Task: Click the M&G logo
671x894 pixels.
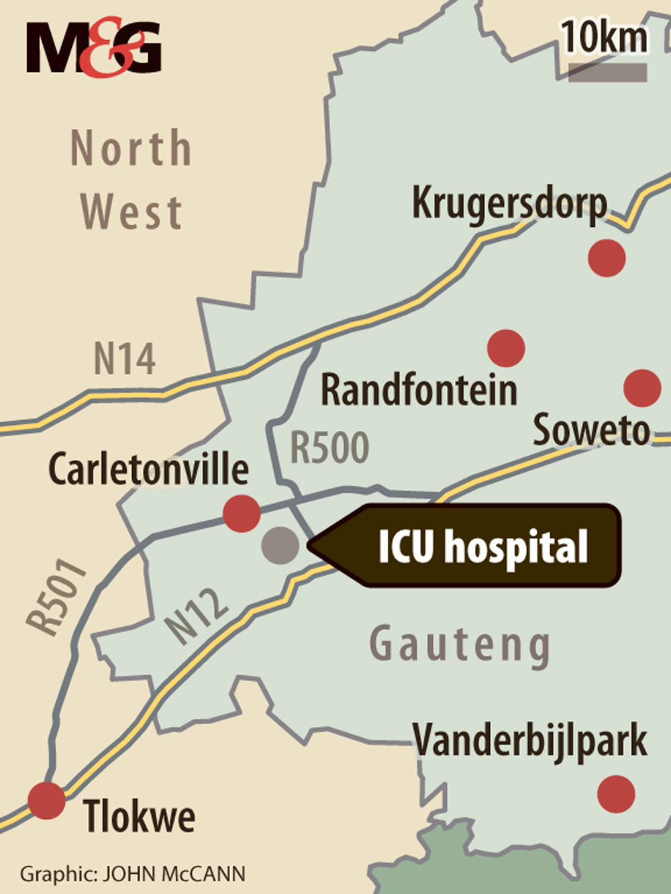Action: [94, 47]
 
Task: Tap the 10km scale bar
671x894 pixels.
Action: [608, 72]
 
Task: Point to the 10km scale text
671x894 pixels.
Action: [605, 37]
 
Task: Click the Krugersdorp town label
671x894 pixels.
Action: [509, 202]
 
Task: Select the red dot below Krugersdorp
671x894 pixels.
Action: [607, 258]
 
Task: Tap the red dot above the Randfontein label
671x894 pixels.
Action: [505, 348]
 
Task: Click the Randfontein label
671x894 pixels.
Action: [419, 390]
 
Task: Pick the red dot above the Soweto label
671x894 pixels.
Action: [642, 387]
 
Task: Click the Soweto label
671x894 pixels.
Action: [591, 430]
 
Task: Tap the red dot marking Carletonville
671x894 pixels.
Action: [241, 513]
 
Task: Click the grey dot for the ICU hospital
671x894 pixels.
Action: [280, 545]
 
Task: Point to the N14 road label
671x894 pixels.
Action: [124, 359]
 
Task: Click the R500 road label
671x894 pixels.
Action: [329, 448]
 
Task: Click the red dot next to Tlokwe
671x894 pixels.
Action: [47, 800]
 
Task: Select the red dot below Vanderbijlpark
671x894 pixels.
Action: [616, 794]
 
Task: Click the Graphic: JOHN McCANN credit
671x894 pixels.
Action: [133, 875]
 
